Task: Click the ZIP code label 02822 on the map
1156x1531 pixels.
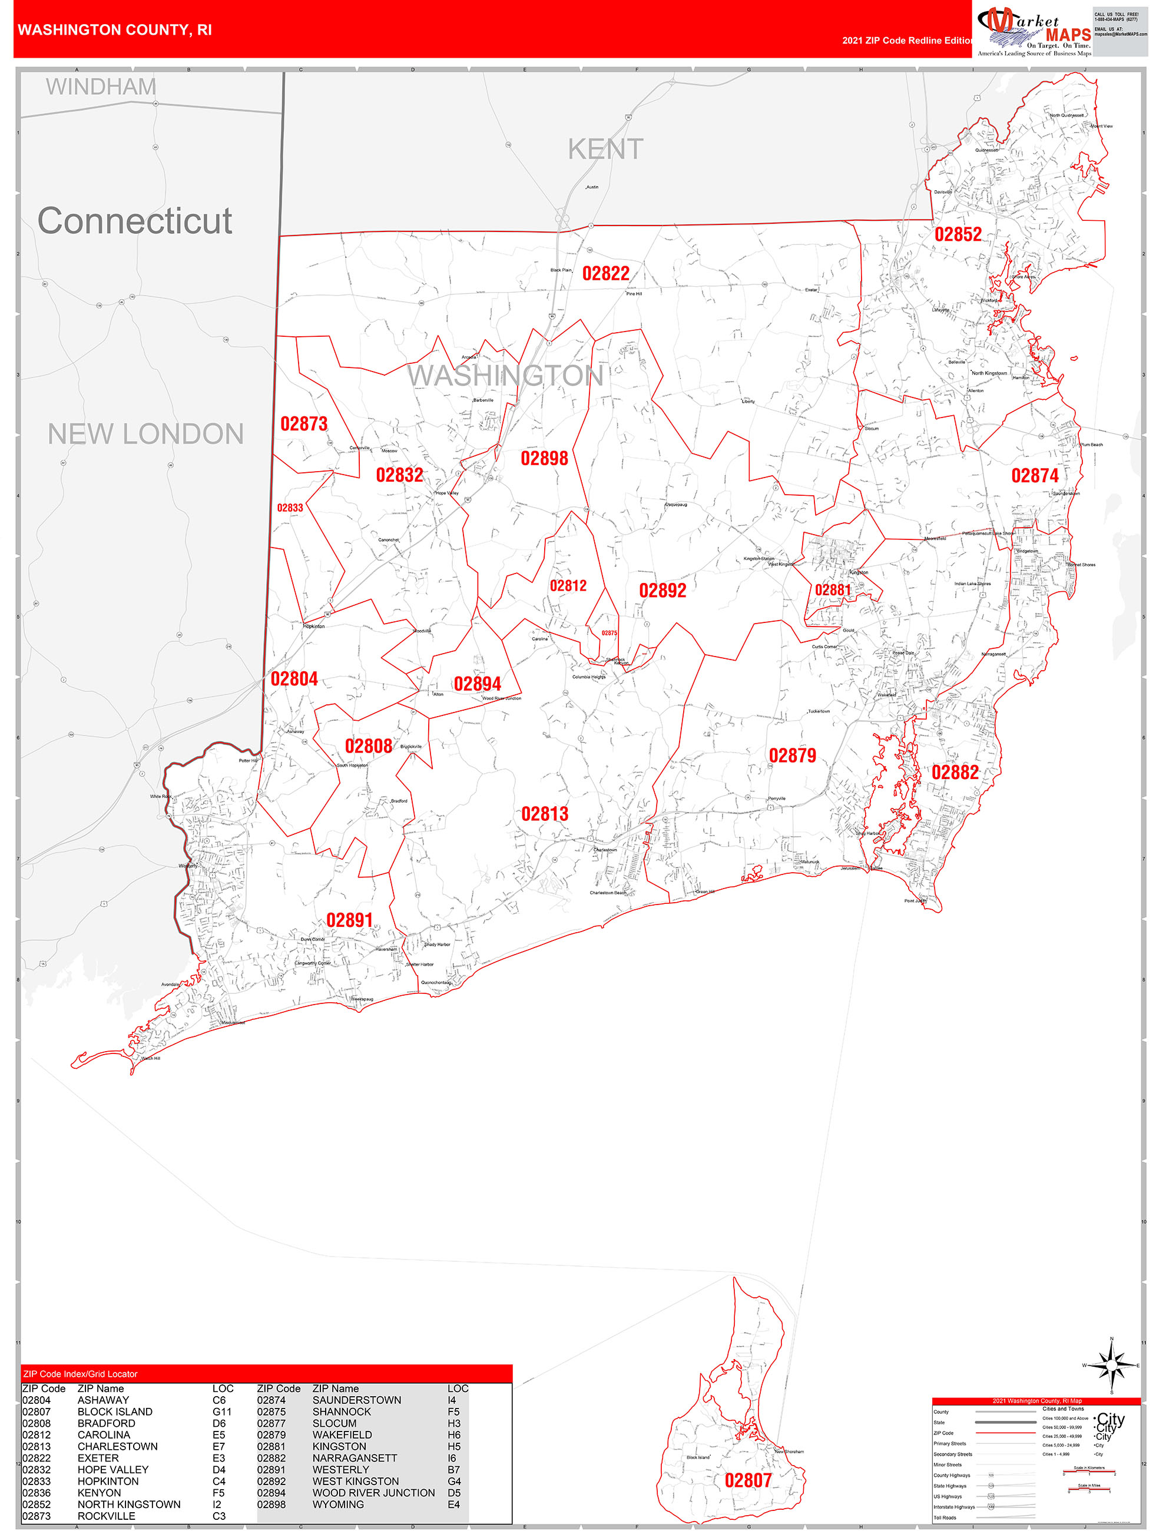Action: [x=606, y=273]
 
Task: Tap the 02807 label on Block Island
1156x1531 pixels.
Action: [x=747, y=1480]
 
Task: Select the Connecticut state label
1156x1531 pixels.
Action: [x=134, y=221]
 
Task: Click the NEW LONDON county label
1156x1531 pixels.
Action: [x=145, y=434]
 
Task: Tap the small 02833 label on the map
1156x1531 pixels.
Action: [x=290, y=508]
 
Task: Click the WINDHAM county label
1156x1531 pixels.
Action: [x=101, y=87]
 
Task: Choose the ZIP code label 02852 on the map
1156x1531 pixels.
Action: [x=958, y=234]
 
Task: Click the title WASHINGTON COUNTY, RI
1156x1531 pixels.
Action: [x=115, y=30]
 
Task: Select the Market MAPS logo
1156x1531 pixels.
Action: [x=1034, y=31]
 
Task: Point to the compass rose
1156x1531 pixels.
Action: [x=1111, y=1366]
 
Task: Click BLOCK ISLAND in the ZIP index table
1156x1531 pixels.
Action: [x=115, y=1412]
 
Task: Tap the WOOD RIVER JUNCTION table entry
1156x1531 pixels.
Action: [x=374, y=1493]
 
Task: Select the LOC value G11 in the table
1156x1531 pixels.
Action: [x=222, y=1412]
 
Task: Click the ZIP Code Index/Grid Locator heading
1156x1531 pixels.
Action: [x=80, y=1374]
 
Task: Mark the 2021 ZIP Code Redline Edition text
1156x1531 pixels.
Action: [x=907, y=40]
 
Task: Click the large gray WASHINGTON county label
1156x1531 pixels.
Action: [x=505, y=375]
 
